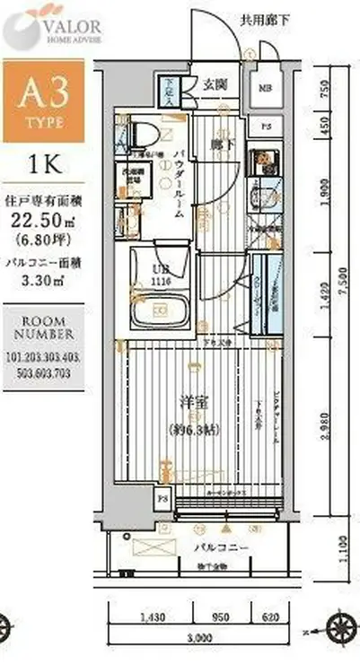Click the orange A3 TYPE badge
[x=43, y=100]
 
